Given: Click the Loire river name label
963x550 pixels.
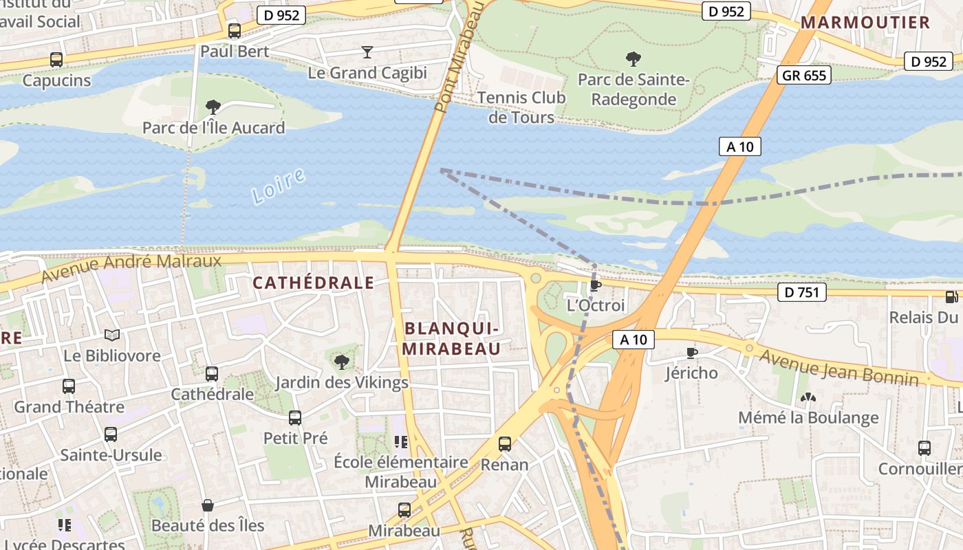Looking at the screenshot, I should point(278,186).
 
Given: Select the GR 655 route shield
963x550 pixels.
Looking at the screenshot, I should point(804,75).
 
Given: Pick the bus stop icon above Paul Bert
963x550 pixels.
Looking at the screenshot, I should point(235,31).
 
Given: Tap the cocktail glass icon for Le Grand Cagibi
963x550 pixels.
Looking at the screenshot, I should point(367,52).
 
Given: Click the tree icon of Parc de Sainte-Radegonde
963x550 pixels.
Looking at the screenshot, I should point(633,59).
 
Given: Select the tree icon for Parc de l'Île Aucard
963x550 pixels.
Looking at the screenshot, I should point(213,107).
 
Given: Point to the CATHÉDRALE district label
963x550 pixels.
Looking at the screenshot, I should point(313,283).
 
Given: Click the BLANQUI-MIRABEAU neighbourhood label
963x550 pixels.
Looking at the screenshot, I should point(451,338).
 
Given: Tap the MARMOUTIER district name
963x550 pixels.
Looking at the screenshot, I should point(865,22).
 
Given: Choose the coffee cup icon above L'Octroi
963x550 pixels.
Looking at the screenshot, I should point(596,285).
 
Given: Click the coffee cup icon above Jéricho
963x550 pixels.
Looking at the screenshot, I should point(691,353).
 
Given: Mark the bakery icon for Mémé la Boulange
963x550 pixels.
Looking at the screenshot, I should point(808,397).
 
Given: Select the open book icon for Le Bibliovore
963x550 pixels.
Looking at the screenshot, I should point(112,335).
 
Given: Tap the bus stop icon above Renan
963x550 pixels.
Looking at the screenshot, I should point(505,444).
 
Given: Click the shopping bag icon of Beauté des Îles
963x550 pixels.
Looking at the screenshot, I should point(207,505).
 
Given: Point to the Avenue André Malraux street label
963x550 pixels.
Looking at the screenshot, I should point(131,268).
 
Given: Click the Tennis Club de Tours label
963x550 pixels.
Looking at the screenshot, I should point(521,107).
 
